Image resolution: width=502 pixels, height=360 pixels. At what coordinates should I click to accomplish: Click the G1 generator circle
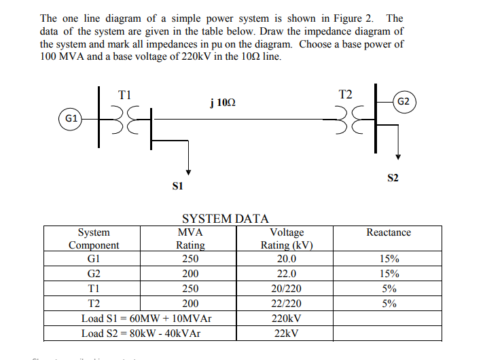70,118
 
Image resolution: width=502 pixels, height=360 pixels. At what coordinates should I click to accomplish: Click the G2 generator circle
402,101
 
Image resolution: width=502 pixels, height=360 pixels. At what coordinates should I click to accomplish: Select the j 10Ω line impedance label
223,103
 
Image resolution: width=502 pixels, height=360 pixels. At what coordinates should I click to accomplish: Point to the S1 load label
179,184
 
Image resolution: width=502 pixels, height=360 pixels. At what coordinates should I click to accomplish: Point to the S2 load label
393,178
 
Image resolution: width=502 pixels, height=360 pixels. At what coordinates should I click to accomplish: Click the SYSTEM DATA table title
226,218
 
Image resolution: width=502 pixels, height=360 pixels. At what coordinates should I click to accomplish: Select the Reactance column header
388,232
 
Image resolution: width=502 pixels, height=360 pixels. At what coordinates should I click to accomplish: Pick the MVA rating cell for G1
190,259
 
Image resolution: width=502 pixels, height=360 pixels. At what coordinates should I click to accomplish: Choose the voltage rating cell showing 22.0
287,274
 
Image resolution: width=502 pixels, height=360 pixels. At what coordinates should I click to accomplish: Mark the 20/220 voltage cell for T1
287,289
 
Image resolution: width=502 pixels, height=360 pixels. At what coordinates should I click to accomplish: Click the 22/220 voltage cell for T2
287,304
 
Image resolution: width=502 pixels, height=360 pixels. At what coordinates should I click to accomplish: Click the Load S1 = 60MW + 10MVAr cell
146,319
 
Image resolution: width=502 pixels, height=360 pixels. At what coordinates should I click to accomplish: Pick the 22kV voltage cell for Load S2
287,334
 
